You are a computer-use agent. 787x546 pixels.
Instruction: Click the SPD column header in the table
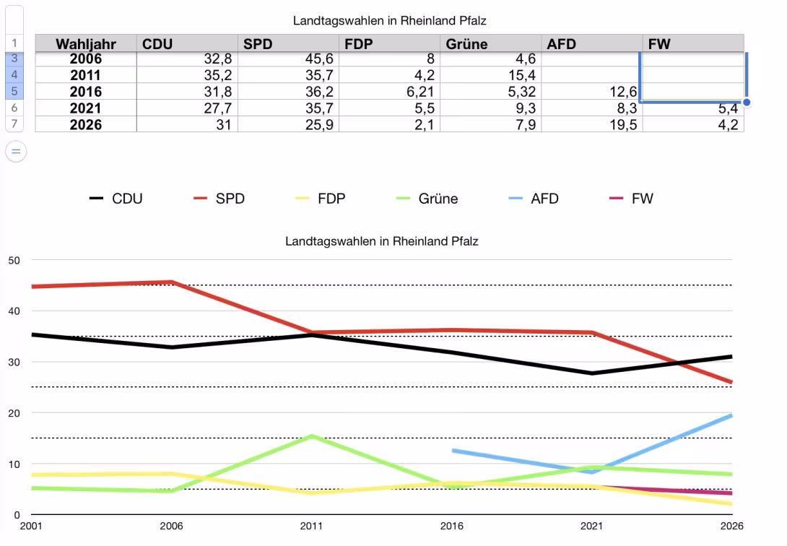click(258, 44)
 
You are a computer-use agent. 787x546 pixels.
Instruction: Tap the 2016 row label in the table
click(85, 92)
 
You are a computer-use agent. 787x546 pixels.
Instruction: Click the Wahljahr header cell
click(85, 44)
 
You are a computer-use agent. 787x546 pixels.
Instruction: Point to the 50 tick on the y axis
click(14, 260)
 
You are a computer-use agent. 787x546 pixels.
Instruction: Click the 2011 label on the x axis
click(311, 526)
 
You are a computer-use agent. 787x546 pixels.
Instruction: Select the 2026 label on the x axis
click(731, 526)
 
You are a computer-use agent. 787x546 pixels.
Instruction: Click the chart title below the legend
click(381, 241)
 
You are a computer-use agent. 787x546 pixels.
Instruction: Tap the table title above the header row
click(389, 21)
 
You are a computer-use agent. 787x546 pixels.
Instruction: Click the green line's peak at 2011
click(311, 436)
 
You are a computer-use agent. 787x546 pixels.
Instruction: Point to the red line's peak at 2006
click(171, 282)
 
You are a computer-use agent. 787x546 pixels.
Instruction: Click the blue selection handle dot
click(747, 103)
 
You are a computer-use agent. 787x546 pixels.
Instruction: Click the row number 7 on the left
click(14, 124)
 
